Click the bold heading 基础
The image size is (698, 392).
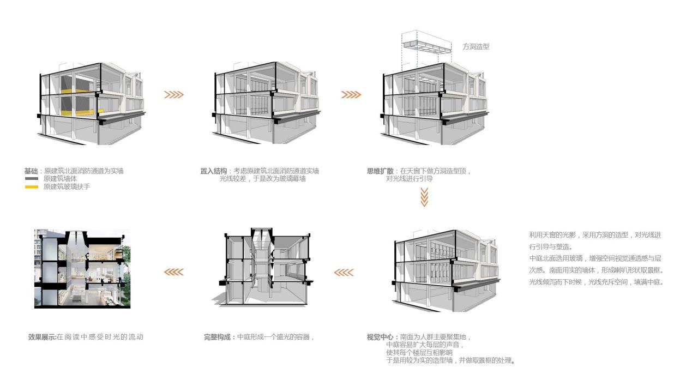pyautogui.click(x=31, y=171)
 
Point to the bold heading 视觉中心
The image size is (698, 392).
pyautogui.click(x=380, y=337)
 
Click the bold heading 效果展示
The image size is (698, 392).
pyautogui.click(x=42, y=337)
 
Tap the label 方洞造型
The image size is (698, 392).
pyautogui.click(x=476, y=47)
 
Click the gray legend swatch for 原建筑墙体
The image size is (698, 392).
pyautogui.click(x=32, y=179)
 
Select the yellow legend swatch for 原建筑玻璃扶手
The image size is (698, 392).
pyautogui.click(x=32, y=187)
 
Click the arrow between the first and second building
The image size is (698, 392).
pyautogui.click(x=174, y=95)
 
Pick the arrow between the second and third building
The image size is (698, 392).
pyautogui.click(x=351, y=95)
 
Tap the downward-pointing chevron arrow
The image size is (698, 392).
pyautogui.click(x=424, y=197)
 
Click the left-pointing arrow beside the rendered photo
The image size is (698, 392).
pyautogui.click(x=174, y=272)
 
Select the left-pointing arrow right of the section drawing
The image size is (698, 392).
pyautogui.click(x=344, y=272)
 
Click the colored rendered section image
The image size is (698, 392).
pyautogui.click(x=82, y=269)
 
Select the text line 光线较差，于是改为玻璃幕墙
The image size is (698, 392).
pyautogui.click(x=263, y=179)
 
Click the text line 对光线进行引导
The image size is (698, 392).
pyautogui.click(x=410, y=179)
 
